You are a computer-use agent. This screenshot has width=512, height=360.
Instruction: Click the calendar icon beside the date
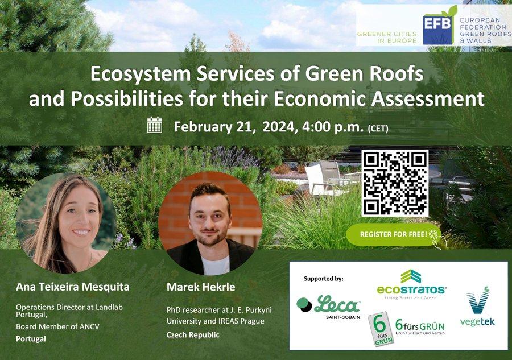pos(154,125)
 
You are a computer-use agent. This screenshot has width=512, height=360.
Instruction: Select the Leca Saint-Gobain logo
pos(329,307)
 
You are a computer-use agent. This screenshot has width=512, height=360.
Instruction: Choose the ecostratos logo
pos(411,284)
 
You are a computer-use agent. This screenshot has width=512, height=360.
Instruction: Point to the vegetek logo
pos(477,307)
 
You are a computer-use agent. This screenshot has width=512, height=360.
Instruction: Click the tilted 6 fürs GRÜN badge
pos(381,329)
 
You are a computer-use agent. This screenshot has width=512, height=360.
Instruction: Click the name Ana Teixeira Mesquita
pos(72,287)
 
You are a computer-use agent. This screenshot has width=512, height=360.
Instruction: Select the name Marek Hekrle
pos(201,287)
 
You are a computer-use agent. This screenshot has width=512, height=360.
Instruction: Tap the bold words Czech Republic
pos(193,335)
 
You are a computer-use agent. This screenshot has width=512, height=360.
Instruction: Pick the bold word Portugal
pos(31,339)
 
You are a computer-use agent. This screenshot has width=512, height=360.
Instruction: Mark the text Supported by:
pos(324,279)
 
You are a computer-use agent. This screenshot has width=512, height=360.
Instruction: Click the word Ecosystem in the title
pos(141,74)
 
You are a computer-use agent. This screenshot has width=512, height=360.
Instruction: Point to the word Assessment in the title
pos(428,99)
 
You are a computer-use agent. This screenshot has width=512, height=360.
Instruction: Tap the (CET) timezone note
pos(378,129)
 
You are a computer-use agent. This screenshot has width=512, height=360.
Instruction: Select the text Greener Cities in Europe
pos(387,37)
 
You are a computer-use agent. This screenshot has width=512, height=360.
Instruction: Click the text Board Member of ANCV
pos(58,326)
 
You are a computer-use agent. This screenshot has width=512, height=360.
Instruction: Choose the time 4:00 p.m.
pos(333,127)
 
